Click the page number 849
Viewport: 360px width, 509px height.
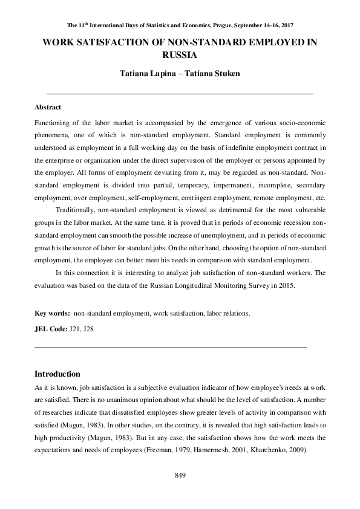tap(180, 476)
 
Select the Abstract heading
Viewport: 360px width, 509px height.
tap(48, 107)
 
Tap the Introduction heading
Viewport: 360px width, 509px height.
tap(57, 374)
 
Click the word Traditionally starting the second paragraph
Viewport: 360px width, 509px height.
tap(76, 209)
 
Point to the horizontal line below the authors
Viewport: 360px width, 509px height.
tap(180, 94)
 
